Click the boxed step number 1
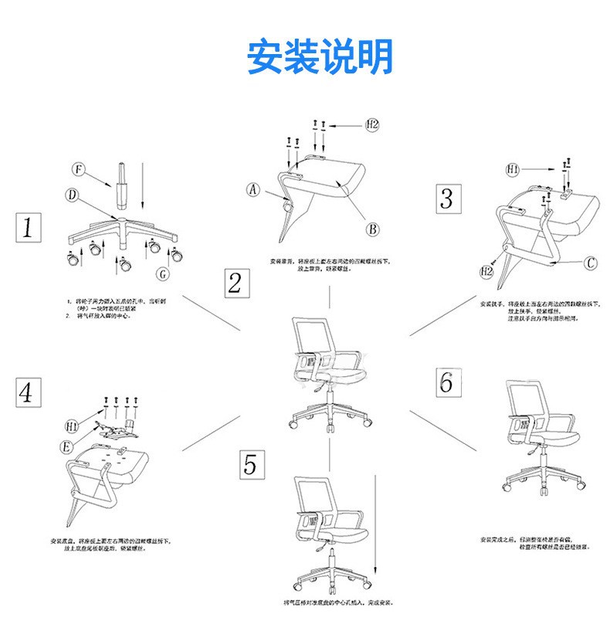point(29,229)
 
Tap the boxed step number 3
point(446,198)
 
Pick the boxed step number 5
point(249,466)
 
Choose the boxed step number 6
point(446,382)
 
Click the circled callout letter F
point(78,169)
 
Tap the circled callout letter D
point(71,196)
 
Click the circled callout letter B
point(371,229)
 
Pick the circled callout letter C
point(589,263)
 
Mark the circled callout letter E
point(68,446)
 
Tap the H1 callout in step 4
point(71,425)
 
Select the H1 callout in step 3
point(513,168)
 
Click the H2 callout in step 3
point(487,271)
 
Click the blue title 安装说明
point(320,56)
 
